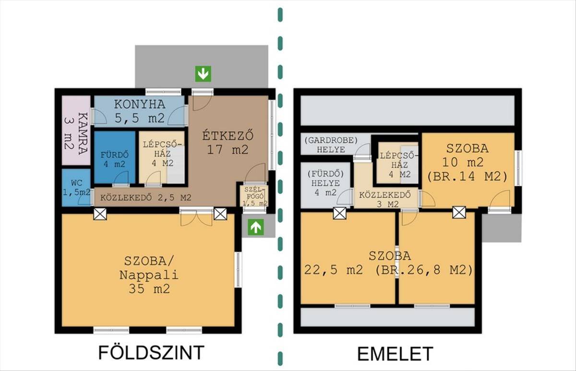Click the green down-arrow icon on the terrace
(203, 74)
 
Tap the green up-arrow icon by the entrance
(255, 227)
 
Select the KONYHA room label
(140, 104)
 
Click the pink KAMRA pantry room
(76, 131)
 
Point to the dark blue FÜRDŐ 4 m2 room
(115, 157)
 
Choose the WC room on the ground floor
(76, 188)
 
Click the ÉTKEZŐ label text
(228, 136)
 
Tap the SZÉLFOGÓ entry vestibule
(254, 196)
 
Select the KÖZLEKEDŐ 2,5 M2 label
(146, 198)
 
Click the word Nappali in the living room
(149, 275)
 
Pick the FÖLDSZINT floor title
(151, 353)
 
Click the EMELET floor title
(395, 354)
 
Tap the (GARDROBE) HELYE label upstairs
(331, 145)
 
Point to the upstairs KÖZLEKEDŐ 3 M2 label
(385, 200)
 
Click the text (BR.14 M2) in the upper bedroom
(468, 177)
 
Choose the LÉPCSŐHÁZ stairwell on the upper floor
(397, 163)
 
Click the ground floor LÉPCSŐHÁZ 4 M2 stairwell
(162, 157)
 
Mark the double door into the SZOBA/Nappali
(196, 217)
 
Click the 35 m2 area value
(149, 289)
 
